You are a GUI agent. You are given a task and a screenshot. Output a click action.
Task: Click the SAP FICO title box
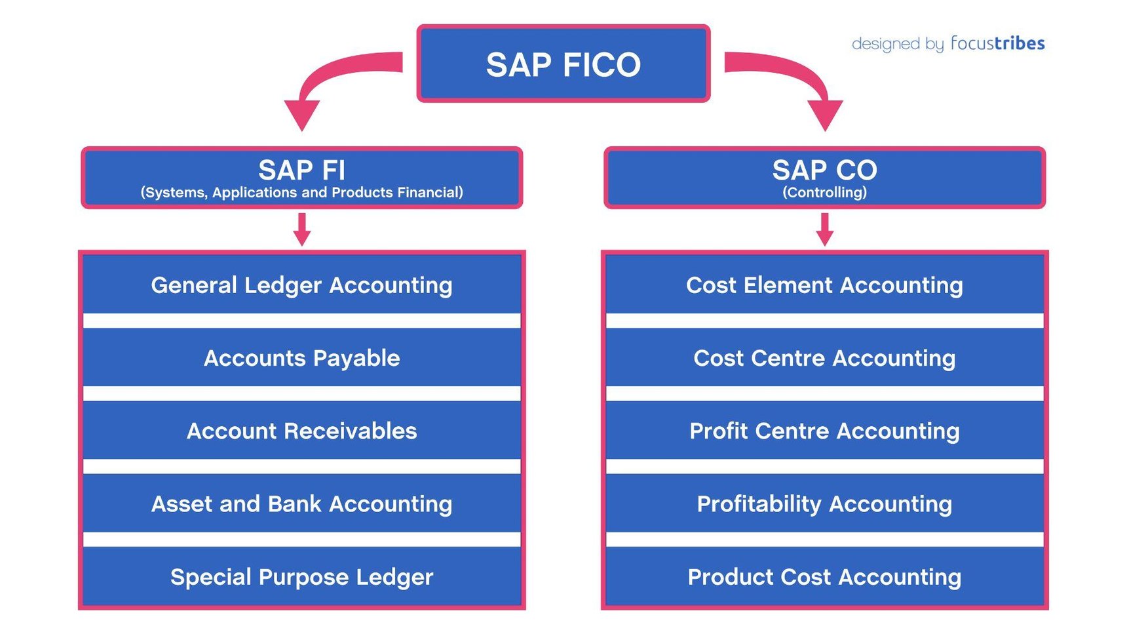(563, 64)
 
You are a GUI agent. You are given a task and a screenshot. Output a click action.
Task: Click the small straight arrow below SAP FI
(302, 229)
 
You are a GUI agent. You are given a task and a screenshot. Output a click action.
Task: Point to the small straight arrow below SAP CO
(825, 229)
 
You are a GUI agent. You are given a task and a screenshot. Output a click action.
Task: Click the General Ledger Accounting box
(301, 285)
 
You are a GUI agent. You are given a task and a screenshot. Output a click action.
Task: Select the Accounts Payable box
(301, 358)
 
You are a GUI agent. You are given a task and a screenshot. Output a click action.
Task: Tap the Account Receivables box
(301, 431)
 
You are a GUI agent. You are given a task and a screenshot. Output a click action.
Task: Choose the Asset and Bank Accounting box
(301, 504)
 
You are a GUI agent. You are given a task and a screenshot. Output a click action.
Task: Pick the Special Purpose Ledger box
(301, 577)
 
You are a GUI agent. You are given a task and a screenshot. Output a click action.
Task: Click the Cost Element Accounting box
(824, 285)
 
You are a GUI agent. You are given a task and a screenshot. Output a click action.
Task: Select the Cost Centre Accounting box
(824, 358)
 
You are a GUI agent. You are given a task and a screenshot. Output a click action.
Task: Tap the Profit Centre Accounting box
(824, 431)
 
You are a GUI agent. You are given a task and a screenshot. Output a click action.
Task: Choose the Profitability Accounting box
(824, 504)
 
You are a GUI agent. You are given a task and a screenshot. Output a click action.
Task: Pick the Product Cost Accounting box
(824, 577)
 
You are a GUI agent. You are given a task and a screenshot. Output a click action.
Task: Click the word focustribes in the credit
(997, 43)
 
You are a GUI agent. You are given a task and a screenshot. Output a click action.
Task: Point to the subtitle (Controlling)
(824, 193)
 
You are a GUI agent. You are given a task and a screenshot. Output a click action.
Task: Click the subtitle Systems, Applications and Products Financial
(301, 193)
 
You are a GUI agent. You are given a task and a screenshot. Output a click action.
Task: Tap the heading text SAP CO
(824, 170)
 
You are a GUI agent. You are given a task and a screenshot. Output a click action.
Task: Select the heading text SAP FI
(301, 170)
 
